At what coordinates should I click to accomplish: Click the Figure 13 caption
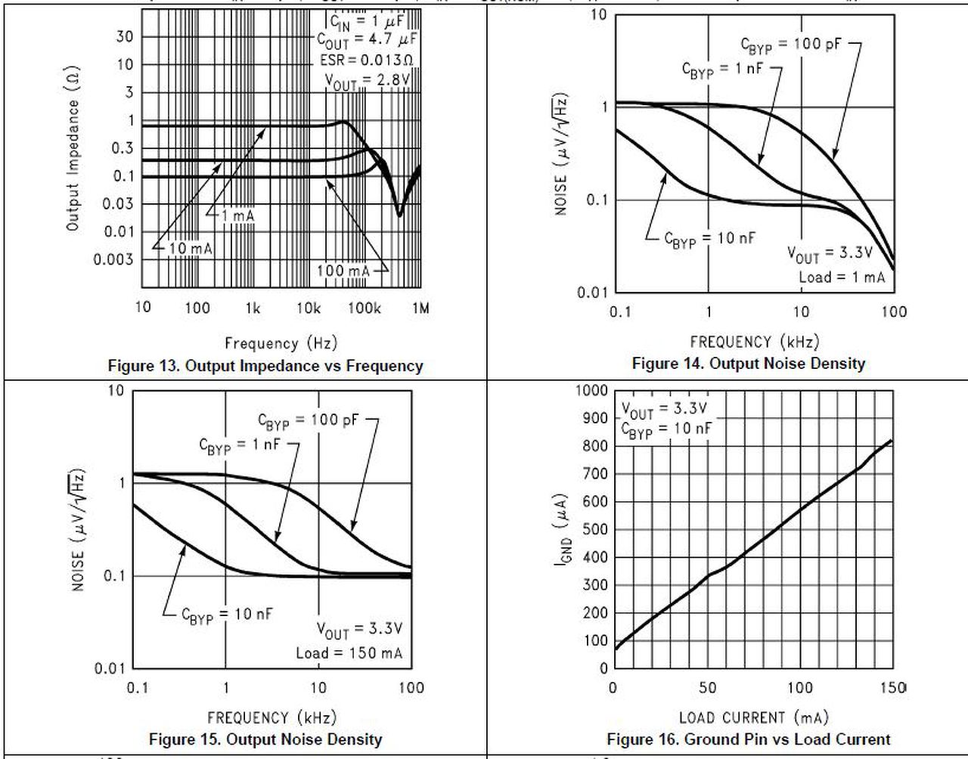pos(265,367)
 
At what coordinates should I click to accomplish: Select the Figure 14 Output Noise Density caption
pos(748,364)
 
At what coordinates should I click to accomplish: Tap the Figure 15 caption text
pos(265,739)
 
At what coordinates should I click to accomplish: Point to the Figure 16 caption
pos(749,739)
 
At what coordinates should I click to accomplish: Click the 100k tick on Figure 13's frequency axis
pos(365,308)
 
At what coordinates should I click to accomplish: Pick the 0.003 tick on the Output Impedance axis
pos(113,259)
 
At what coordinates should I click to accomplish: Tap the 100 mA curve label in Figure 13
pos(341,271)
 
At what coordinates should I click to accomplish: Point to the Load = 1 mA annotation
pos(841,277)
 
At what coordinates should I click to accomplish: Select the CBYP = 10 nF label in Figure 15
pos(227,615)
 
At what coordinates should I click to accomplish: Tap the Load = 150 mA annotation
pos(349,653)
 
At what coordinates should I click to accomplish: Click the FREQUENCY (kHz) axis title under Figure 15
pos(271,717)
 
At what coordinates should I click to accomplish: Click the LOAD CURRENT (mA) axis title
pos(753,717)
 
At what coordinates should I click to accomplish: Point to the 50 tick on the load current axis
pos(707,688)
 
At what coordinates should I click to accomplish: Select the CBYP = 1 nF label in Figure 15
pos(239,445)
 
